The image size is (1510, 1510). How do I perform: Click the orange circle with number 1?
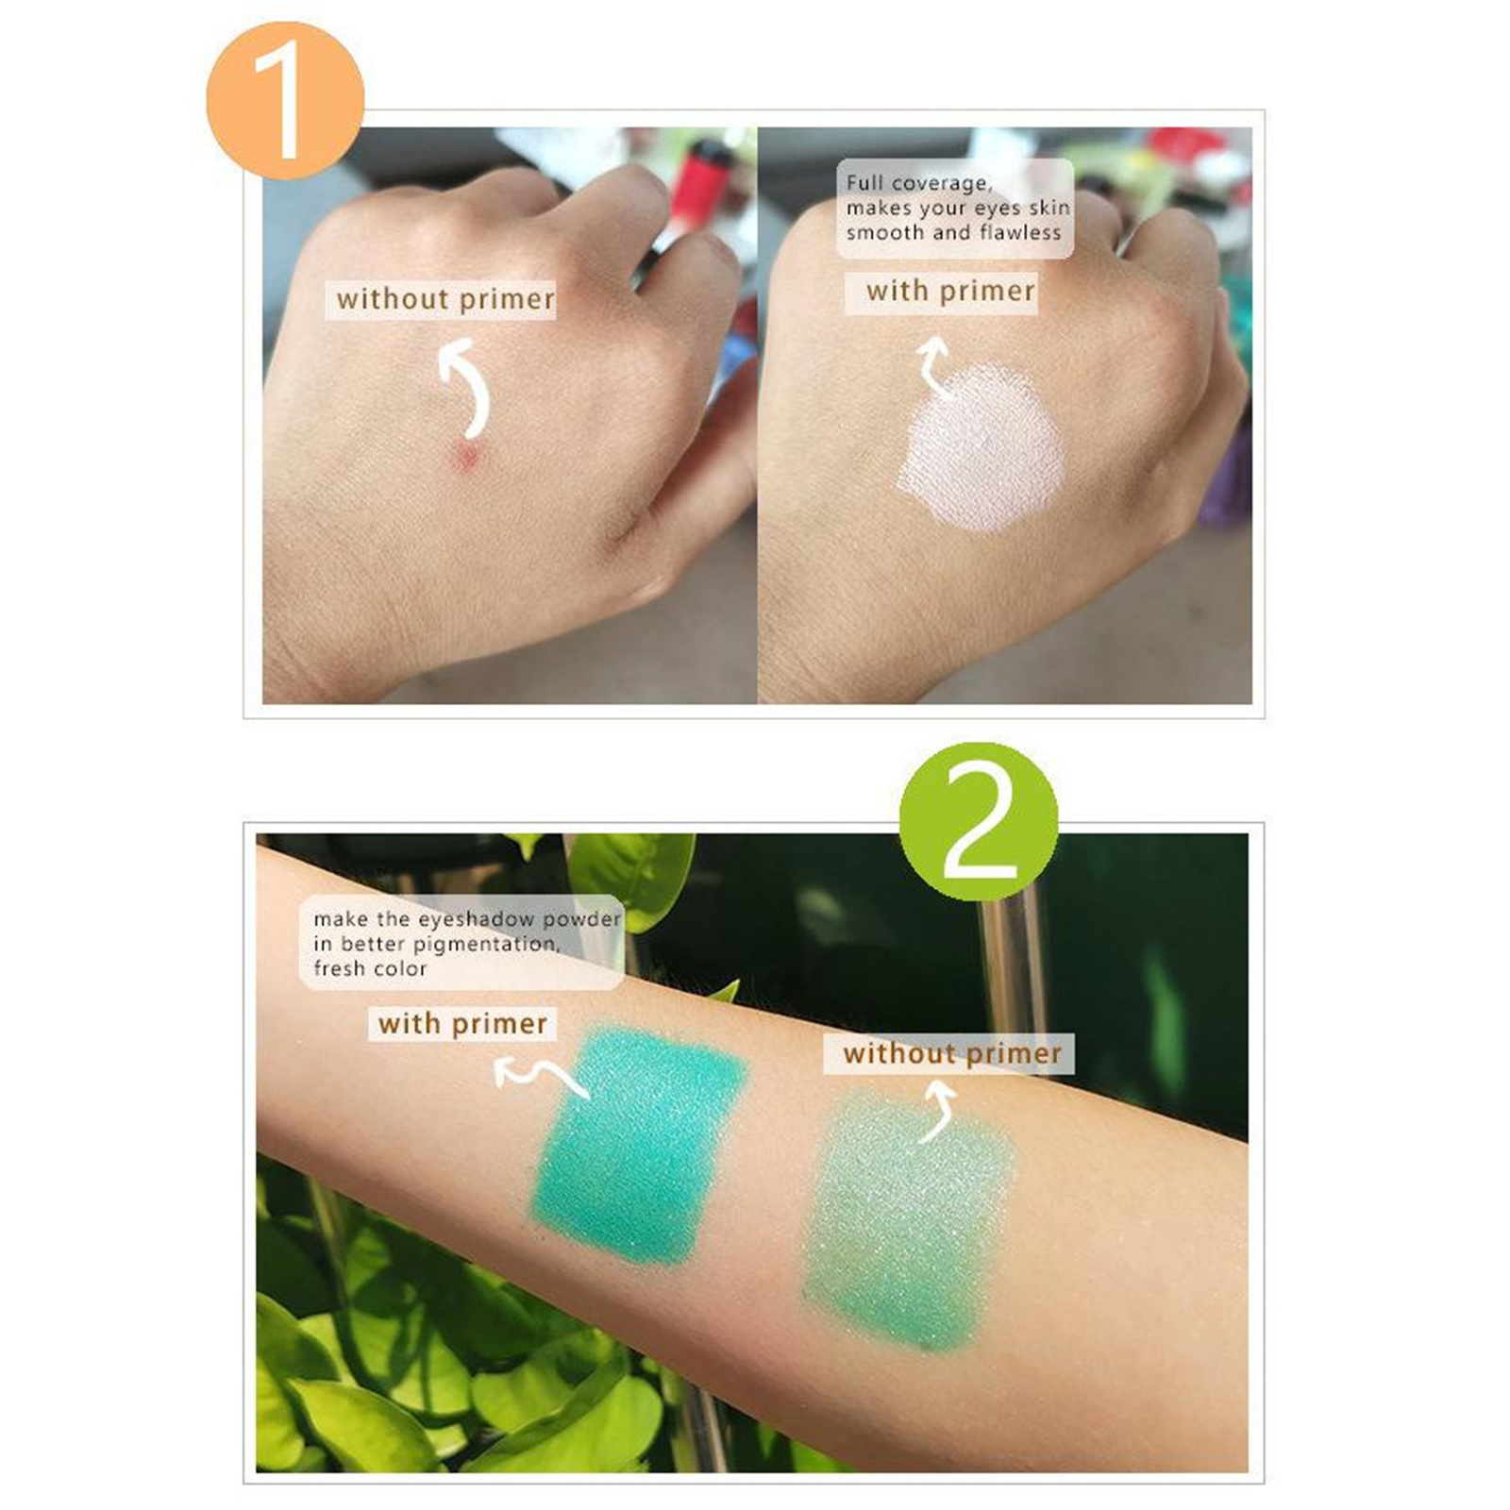(x=285, y=100)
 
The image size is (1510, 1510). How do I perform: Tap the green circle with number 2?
(x=978, y=821)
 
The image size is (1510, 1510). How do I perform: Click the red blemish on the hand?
(x=466, y=458)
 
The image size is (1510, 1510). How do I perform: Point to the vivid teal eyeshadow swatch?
(x=640, y=1145)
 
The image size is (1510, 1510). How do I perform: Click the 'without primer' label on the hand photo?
(x=445, y=299)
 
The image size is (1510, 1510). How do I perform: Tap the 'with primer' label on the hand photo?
(x=950, y=291)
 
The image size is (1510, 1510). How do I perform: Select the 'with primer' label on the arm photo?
(x=462, y=1024)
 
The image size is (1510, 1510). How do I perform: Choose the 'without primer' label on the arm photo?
(x=952, y=1053)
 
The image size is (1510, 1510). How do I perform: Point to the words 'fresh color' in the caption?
(x=370, y=968)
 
